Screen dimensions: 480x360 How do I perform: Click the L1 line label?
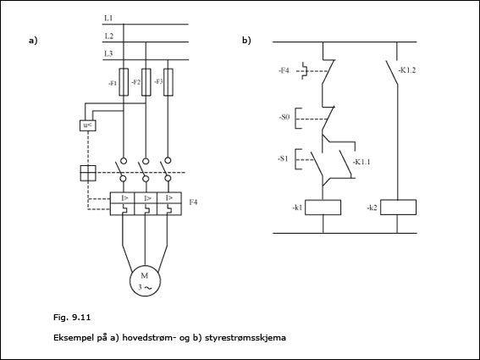point(108,18)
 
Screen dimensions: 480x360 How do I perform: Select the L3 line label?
point(108,54)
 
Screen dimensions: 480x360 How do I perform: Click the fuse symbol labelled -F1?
point(124,82)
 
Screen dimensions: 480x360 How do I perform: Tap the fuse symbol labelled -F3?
point(168,82)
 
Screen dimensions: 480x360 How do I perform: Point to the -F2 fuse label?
point(135,82)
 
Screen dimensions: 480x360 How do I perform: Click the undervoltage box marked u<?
point(88,125)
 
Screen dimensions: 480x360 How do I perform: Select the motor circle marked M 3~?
point(145,280)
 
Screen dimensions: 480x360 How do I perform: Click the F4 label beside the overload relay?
point(193,202)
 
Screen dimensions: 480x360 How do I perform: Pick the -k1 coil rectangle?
point(323,208)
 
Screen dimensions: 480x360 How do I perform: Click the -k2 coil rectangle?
point(398,208)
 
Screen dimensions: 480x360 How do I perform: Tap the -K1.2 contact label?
point(407,70)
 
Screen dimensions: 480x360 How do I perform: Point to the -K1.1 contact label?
point(361,162)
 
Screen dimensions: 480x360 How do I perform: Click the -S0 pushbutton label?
point(284,117)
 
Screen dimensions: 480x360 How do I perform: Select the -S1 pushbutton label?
point(283,158)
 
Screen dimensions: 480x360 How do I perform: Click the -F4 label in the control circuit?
point(284,71)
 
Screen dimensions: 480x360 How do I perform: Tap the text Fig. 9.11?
point(72,318)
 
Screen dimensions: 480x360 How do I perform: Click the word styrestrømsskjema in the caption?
point(246,338)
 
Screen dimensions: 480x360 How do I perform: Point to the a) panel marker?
point(33,41)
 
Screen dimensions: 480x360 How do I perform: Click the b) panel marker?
point(246,41)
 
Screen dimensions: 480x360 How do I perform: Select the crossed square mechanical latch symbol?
point(88,173)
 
